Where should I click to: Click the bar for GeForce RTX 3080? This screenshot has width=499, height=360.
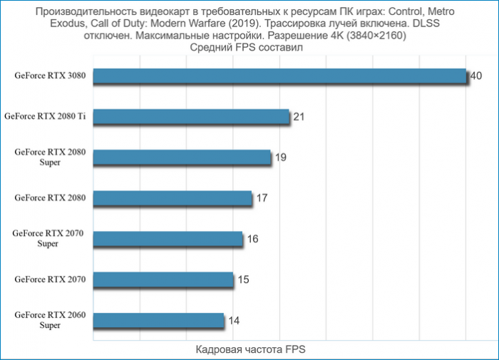click(x=279, y=76)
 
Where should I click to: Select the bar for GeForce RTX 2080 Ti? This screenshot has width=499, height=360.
click(x=191, y=117)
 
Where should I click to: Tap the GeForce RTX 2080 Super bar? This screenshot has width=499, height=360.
click(x=182, y=158)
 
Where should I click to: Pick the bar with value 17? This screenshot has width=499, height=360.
click(x=173, y=198)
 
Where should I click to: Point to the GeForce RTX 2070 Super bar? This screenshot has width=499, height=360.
click(x=168, y=239)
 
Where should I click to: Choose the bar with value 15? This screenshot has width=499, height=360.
click(x=163, y=279)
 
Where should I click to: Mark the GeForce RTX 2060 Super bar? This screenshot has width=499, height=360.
click(x=158, y=320)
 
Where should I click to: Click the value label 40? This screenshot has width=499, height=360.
click(x=476, y=76)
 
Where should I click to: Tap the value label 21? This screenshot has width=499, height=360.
click(x=299, y=116)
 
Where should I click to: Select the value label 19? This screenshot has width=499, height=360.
click(x=281, y=157)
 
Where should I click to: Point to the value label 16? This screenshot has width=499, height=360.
click(x=252, y=238)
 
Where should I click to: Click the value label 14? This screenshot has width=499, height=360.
click(x=234, y=320)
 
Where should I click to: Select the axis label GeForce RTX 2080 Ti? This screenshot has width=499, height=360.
click(x=45, y=115)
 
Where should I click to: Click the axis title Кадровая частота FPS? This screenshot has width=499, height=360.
click(x=249, y=351)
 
